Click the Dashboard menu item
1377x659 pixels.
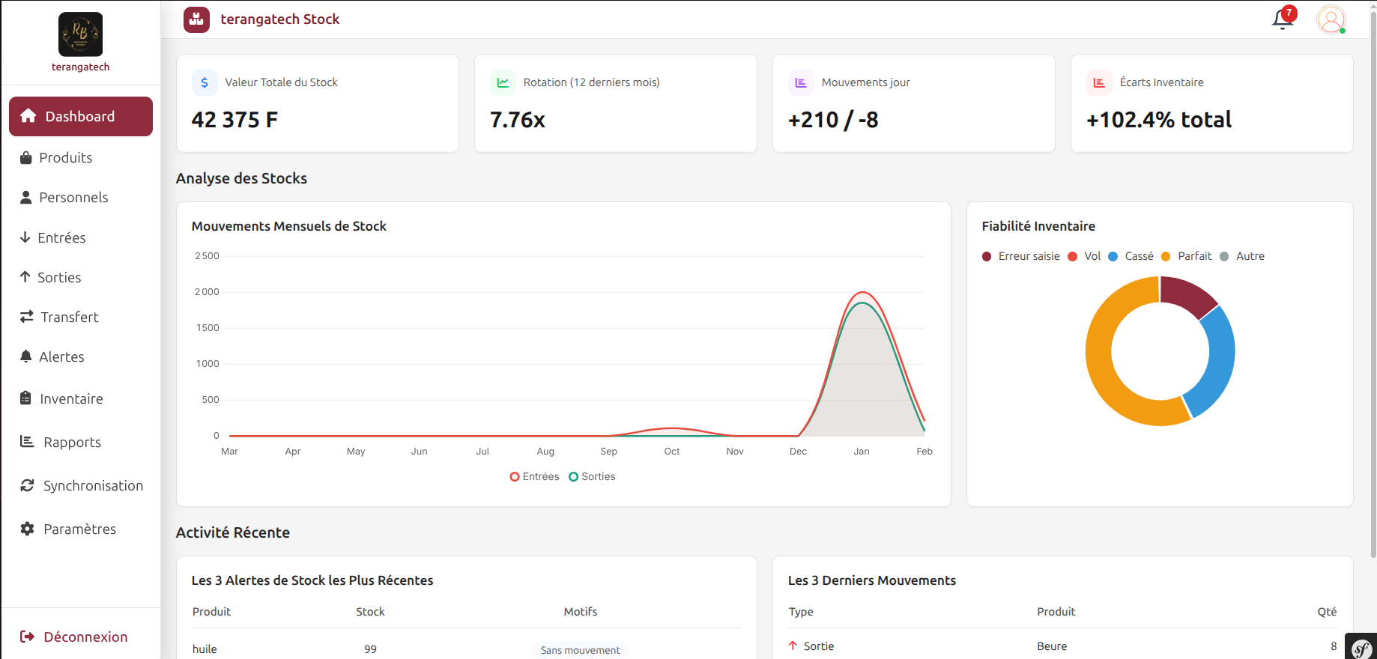pos(80,116)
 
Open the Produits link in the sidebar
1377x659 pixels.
pos(65,157)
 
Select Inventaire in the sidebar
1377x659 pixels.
pos(70,398)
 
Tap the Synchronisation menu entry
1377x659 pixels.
pos(92,485)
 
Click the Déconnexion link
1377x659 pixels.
pos(85,637)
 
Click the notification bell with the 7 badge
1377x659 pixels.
pos(1283,19)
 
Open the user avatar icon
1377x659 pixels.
pos(1331,19)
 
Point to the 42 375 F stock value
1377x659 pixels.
pos(234,120)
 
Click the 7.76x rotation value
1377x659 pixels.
pos(517,120)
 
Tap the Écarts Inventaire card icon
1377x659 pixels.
pos(1099,82)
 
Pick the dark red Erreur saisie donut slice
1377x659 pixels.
pos(1187,295)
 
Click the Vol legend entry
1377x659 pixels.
pos(1092,256)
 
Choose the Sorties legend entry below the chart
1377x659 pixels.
pos(597,476)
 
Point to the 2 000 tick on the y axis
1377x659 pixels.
pos(207,292)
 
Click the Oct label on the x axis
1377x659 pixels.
pos(672,451)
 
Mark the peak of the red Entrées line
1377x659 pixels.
pos(863,292)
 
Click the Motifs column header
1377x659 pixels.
pos(580,612)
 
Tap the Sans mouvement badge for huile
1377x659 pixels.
pos(580,650)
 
